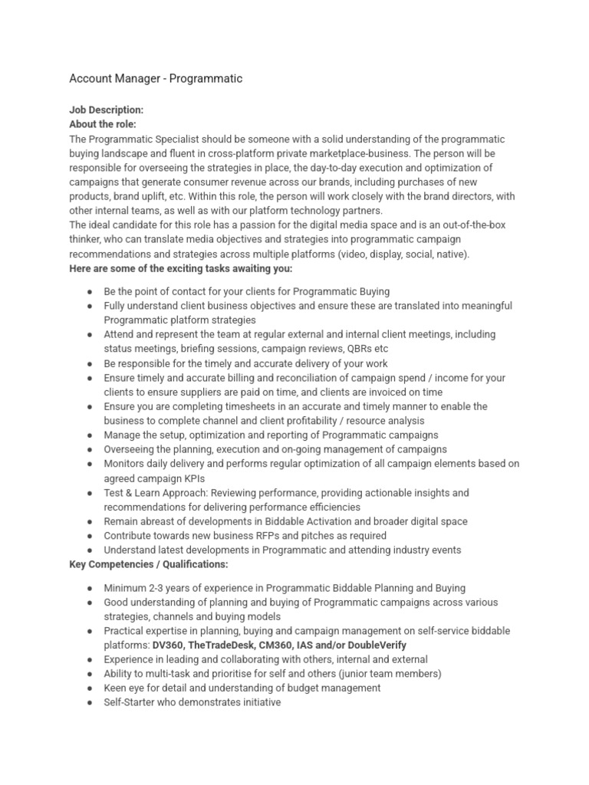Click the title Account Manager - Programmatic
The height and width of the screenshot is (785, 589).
pyautogui.click(x=156, y=78)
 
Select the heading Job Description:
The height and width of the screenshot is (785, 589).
pyautogui.click(x=106, y=110)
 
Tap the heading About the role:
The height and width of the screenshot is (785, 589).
pyautogui.click(x=103, y=124)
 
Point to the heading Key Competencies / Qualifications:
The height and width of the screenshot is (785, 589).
pyautogui.click(x=149, y=564)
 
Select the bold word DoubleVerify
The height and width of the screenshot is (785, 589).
pyautogui.click(x=377, y=645)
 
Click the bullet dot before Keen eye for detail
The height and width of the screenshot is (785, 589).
pyautogui.click(x=90, y=688)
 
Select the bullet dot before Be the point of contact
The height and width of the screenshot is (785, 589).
pyautogui.click(x=90, y=292)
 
